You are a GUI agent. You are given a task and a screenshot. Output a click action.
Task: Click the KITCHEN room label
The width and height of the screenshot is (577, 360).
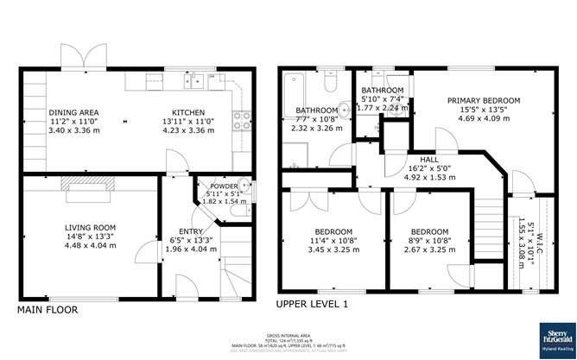click(x=188, y=112)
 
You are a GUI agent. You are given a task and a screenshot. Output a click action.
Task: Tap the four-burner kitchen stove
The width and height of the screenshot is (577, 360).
click(x=244, y=121)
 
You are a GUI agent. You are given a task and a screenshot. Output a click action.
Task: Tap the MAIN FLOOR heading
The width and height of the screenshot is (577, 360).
click(x=48, y=309)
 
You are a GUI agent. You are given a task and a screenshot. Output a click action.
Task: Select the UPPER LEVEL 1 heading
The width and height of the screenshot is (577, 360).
click(x=312, y=305)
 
